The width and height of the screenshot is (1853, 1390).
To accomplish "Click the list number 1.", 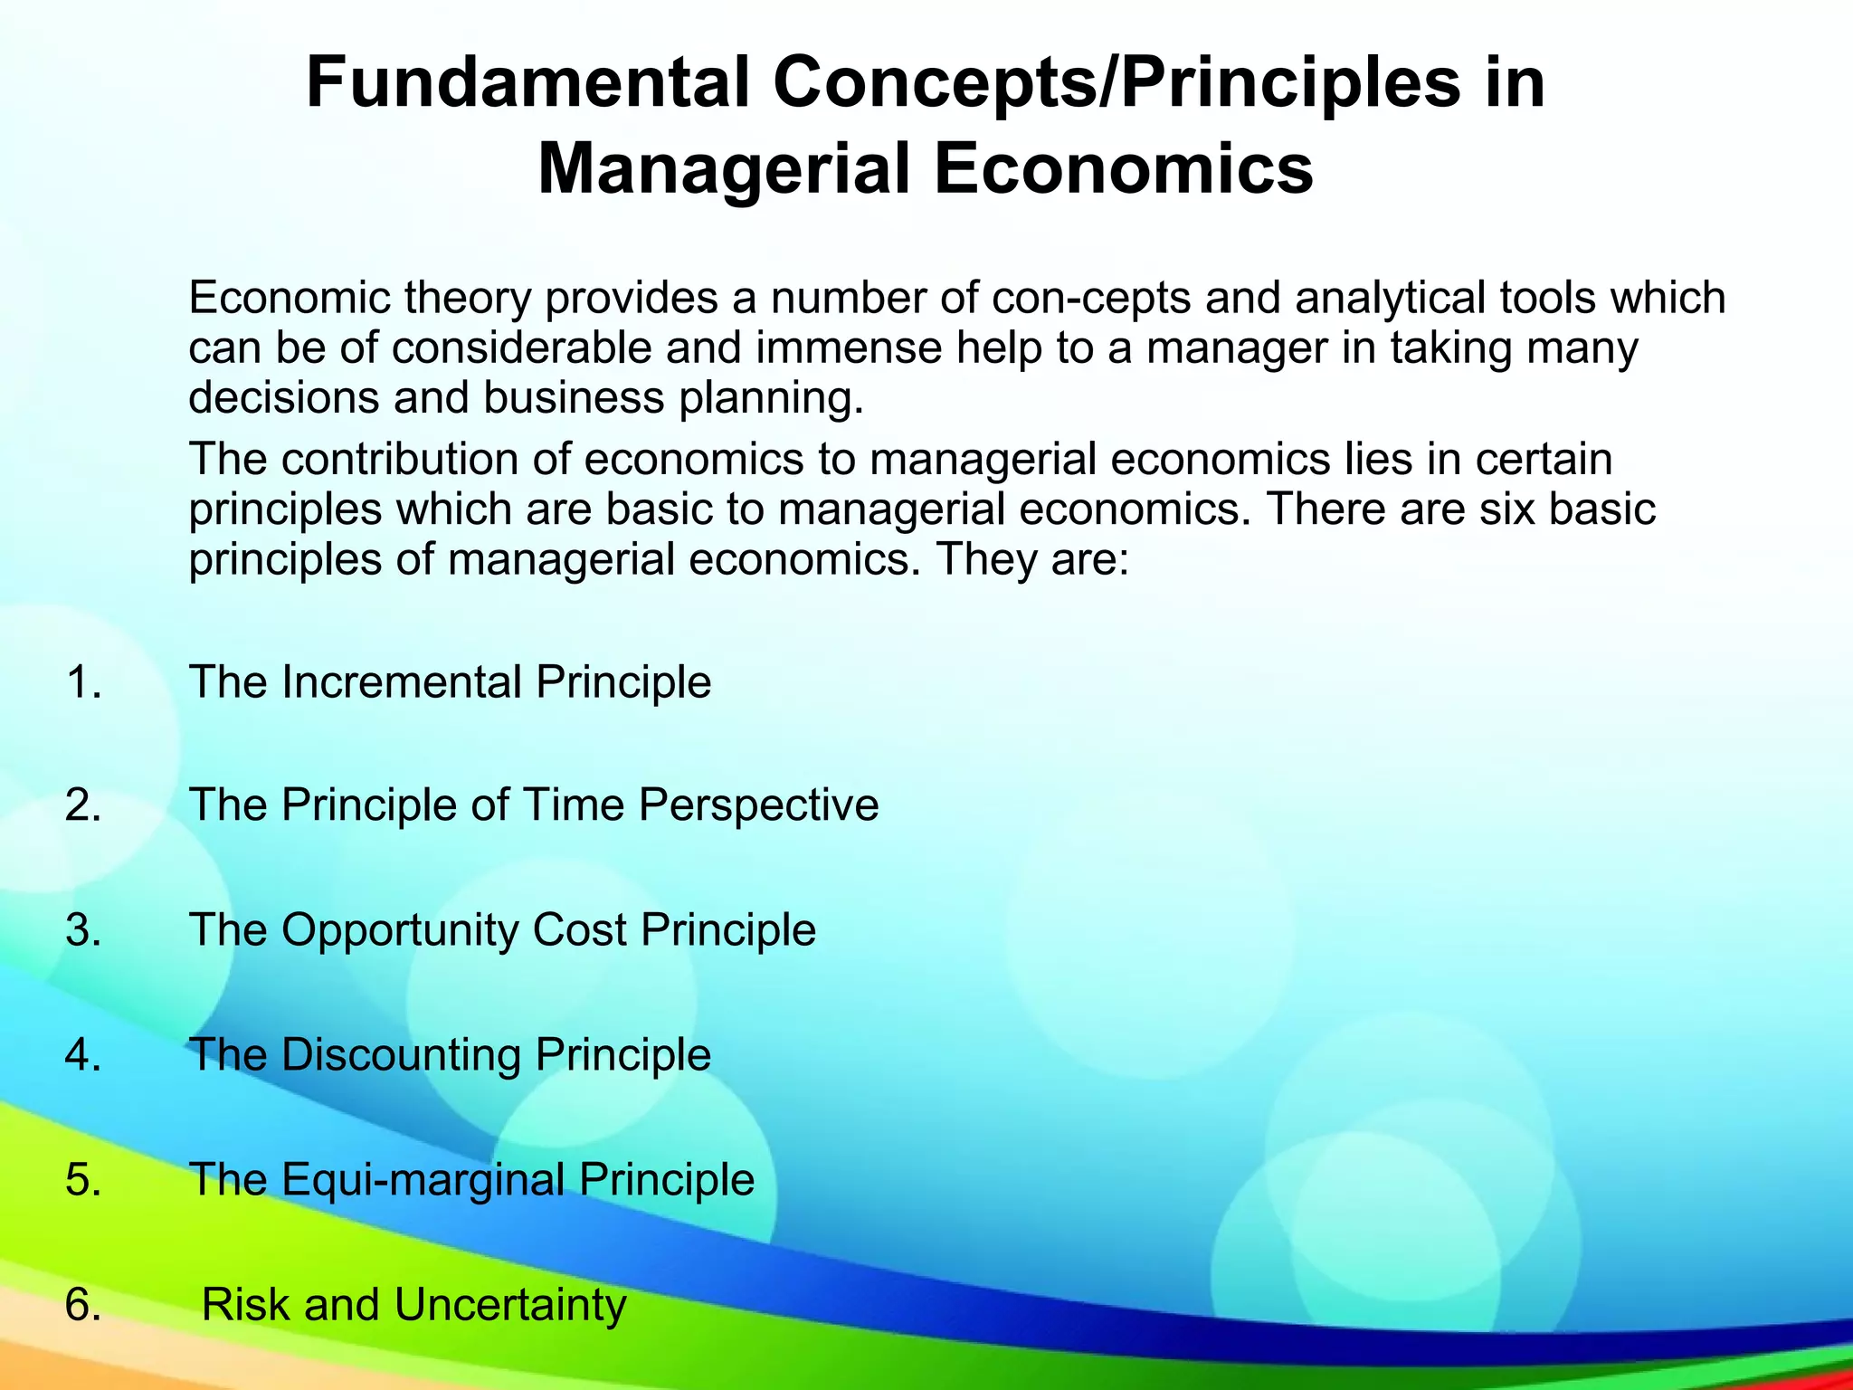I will click(x=82, y=682).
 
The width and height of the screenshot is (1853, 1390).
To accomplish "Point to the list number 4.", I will click(x=82, y=1055).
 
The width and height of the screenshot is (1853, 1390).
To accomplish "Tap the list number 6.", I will click(x=82, y=1305).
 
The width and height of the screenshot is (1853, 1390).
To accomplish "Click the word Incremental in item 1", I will click(x=402, y=682).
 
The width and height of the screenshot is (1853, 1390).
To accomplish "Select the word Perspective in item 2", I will click(x=758, y=805).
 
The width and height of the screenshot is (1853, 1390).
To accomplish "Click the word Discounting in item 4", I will click(x=401, y=1055).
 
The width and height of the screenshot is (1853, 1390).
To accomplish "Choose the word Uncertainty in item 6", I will click(x=509, y=1305).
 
